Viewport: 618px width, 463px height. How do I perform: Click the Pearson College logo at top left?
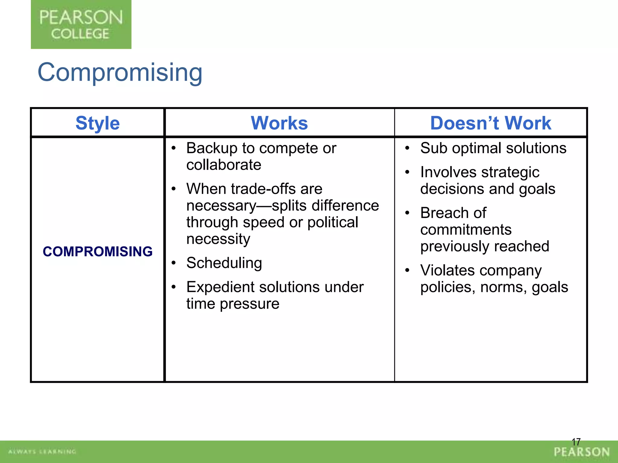coord(81,24)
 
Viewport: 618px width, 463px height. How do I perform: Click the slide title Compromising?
coord(120,72)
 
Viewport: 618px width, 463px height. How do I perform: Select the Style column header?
coord(97,123)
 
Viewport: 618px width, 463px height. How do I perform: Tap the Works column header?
coord(279,123)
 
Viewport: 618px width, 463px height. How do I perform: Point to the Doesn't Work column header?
coord(490,123)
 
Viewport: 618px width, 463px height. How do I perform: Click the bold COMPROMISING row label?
coord(97,251)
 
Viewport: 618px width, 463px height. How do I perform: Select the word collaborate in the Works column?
coord(224,165)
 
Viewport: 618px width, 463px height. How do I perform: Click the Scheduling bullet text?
coord(224,263)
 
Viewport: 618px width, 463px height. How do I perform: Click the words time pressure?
coord(233,304)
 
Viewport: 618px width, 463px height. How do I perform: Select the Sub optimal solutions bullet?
coord(493,148)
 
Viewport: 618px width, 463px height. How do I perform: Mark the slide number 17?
coord(576,442)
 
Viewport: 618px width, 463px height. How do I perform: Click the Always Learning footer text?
coord(42,452)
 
